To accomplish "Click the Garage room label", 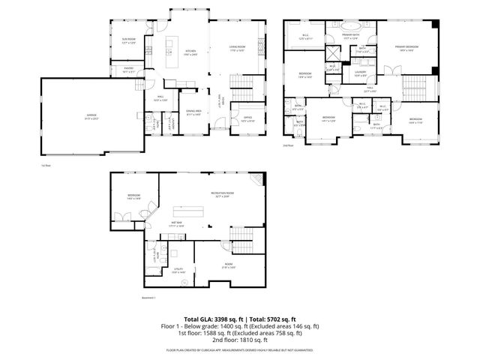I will (x=91, y=115).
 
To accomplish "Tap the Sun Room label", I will (x=128, y=38).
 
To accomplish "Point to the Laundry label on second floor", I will (x=360, y=73).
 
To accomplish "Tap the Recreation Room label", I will (x=220, y=194).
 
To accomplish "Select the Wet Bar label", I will (x=178, y=223).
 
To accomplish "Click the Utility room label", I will (x=179, y=270).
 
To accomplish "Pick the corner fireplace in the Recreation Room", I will (x=259, y=178).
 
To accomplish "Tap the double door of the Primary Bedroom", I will (x=389, y=71).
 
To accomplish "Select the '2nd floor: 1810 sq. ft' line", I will (x=240, y=338).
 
